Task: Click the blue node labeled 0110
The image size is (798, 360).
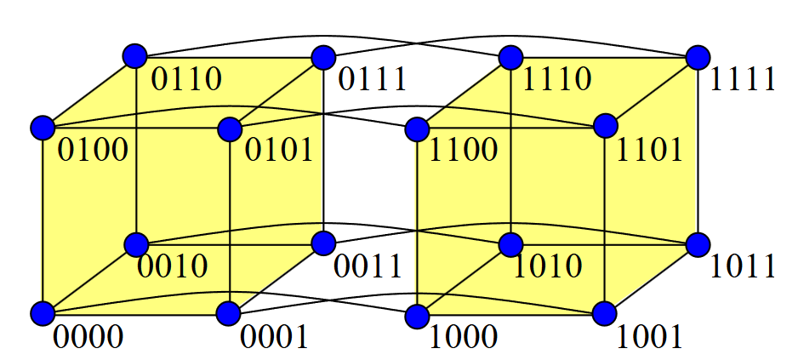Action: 135,57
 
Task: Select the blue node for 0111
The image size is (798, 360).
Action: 323,58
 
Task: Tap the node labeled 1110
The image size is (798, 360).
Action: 510,58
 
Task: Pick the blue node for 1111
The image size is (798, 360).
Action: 698,57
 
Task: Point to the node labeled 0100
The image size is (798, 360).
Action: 42,128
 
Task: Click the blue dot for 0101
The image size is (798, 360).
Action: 230,129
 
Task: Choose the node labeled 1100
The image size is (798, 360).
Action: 417,129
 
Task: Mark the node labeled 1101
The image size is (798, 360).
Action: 605,126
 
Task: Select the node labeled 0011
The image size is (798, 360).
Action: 323,243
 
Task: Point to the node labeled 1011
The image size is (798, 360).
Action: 698,244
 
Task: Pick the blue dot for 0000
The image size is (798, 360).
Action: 42,314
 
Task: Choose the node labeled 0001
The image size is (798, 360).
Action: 230,314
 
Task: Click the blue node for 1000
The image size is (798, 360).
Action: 417,316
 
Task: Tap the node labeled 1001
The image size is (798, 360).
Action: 605,313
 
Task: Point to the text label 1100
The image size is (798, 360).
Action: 464,151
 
